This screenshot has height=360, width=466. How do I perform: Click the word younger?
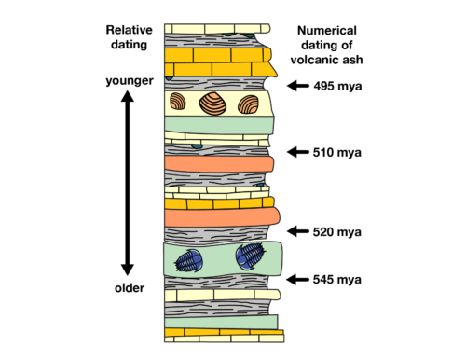click(x=129, y=80)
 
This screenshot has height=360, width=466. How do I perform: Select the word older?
click(x=129, y=287)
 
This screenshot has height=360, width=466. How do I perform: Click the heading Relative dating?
click(x=129, y=37)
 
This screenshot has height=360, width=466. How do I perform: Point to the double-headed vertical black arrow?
click(x=129, y=183)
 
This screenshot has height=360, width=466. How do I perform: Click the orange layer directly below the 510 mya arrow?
click(x=218, y=164)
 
